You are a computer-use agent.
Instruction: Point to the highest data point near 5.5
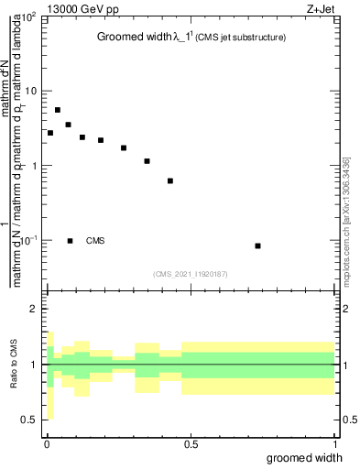point(58,110)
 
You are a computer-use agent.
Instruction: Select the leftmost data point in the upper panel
point(50,133)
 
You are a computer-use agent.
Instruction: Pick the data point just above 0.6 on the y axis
point(170,180)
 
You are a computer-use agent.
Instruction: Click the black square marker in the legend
point(71,241)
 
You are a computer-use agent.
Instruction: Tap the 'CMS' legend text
point(95,241)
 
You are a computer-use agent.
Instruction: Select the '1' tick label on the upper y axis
point(35,166)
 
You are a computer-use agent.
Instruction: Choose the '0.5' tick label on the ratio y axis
point(30,420)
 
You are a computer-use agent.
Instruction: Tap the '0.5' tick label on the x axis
point(191,446)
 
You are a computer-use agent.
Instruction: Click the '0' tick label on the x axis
point(47,446)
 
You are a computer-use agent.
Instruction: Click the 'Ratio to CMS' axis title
point(14,365)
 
